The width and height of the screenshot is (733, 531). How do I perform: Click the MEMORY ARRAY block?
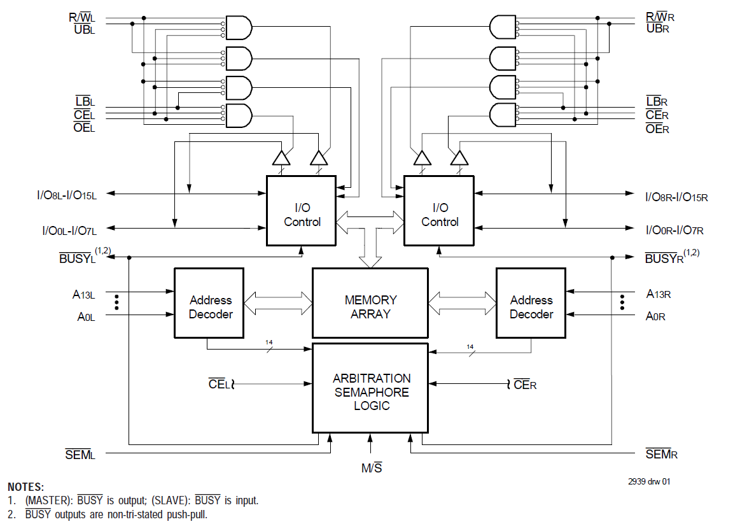pos(370,303)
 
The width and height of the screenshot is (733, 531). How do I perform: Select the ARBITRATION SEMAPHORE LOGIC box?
pos(370,388)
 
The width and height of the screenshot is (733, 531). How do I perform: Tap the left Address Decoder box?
pos(209,303)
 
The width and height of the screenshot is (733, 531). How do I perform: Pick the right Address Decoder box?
pos(531,303)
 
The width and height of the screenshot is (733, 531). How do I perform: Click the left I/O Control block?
pos(301,211)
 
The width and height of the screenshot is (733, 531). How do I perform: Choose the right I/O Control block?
pos(439,211)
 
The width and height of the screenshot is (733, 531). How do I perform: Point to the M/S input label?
pos(372,469)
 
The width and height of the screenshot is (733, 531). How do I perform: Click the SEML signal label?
pos(80,454)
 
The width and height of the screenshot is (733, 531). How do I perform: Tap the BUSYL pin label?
pos(77,258)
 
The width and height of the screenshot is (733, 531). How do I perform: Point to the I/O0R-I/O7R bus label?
pos(674,229)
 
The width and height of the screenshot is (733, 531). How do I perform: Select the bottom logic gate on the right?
pos(503,115)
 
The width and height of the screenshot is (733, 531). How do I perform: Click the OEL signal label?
pos(84,129)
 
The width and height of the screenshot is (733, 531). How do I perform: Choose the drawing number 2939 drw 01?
pos(649,481)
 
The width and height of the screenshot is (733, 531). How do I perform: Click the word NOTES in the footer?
pos(25,487)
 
